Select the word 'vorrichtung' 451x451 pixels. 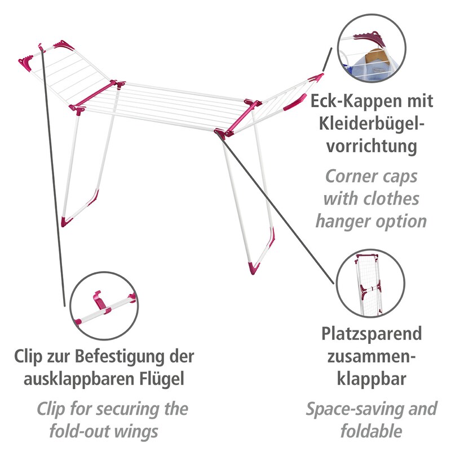(x=372, y=147)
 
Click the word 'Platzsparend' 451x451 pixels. (x=372, y=334)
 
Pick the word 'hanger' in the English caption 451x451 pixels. (x=350, y=220)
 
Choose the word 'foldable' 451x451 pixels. (x=372, y=431)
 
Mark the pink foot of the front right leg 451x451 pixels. (x=257, y=267)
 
